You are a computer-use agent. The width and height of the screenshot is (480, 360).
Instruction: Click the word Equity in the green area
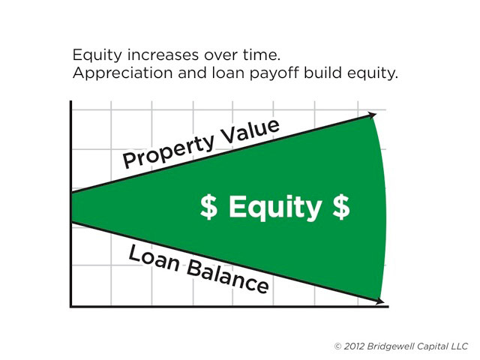coord(275,207)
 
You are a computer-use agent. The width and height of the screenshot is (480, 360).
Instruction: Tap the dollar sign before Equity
coord(208,207)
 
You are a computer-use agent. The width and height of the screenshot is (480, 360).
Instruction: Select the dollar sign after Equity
coord(341,207)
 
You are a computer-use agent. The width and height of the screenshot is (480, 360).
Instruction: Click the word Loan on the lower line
coord(154,258)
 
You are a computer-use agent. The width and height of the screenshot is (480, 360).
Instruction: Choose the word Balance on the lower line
coord(228,277)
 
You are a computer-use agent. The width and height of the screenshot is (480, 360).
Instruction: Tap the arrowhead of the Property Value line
coord(372,115)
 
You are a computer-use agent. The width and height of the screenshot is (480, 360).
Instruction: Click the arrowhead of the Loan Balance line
coord(380,301)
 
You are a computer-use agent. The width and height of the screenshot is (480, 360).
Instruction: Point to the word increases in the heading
coord(163,55)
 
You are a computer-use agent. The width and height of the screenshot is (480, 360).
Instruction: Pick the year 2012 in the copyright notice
coord(354,346)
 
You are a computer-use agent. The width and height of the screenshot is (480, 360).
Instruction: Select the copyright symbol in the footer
coord(337,346)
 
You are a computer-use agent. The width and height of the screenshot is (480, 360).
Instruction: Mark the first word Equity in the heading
coord(97,55)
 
